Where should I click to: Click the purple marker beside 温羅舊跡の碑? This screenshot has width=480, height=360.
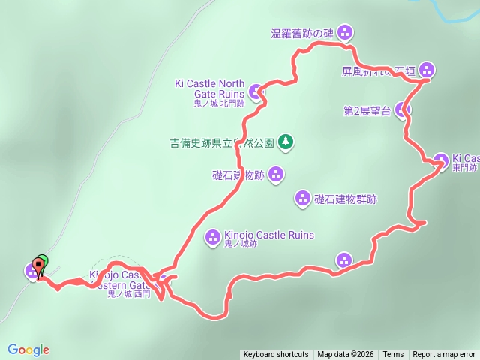pos(345,32)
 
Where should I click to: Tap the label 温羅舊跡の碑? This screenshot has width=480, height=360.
pos(302,33)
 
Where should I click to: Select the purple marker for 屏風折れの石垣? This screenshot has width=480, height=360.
pos(426,70)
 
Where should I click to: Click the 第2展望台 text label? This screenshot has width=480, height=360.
pos(367,111)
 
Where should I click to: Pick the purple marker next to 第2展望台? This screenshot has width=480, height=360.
pos(403,110)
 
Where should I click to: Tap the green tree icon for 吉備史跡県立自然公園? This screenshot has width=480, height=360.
pos(286,141)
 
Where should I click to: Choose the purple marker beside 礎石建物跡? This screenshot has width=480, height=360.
pos(276,175)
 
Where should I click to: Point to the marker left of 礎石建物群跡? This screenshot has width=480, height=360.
pos(302,199)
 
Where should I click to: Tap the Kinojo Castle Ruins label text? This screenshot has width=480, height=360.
pos(269,235)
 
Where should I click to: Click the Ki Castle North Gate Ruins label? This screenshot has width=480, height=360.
pos(209,88)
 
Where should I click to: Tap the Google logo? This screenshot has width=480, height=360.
pos(28,349)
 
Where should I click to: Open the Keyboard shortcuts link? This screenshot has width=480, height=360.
pos(275,355)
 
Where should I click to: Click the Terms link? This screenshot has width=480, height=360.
pos(393,355)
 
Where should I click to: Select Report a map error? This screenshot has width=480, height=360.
pos(444,355)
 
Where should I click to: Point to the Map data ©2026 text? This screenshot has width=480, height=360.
pos(345,355)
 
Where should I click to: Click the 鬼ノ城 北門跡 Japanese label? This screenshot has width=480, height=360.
pos(219,103)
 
